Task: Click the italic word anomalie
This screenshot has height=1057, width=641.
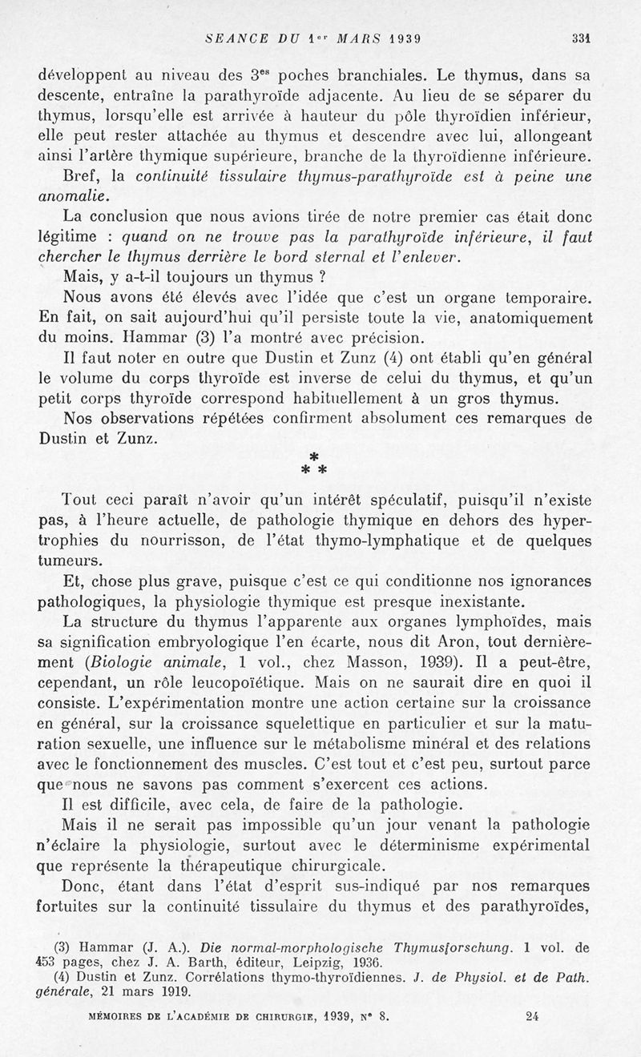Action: (x=73, y=195)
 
